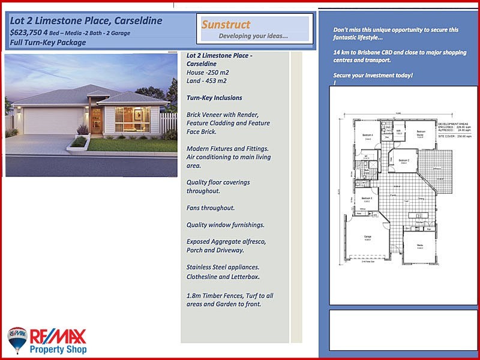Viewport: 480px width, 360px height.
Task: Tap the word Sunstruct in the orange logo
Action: tap(226, 25)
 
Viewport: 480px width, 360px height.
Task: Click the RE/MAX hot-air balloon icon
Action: tap(17, 340)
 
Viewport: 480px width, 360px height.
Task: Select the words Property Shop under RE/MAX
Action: tap(58, 349)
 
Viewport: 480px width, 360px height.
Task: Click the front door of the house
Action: tap(96, 120)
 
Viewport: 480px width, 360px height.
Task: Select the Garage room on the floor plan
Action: tap(367, 238)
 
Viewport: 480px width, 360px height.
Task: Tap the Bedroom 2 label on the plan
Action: tap(404, 161)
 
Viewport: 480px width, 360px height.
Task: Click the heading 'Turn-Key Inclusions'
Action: tap(214, 98)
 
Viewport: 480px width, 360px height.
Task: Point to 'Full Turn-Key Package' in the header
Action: tap(48, 43)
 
